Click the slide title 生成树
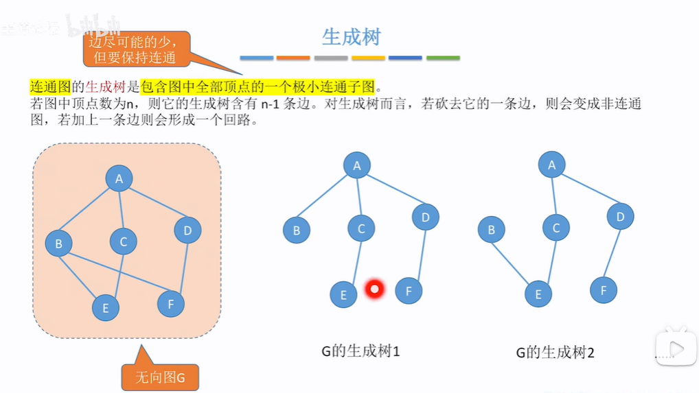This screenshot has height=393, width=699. coord(351,36)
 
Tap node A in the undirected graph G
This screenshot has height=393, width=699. coord(119,179)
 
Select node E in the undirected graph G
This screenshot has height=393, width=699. coord(105,308)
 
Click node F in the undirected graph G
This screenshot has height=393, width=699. coord(170,303)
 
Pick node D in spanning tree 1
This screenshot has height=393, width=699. coord(425,217)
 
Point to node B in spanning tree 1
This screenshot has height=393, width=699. coord(296,230)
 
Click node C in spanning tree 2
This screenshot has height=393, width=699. coord(555,228)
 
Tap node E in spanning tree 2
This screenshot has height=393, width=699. coord(538,294)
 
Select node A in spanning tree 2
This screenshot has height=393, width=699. coord(551,165)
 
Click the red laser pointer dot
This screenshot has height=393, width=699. coord(374,289)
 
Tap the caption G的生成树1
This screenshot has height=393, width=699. coord(360,352)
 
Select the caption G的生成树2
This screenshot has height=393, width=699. coord(555,353)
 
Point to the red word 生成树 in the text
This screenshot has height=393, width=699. coord(105,87)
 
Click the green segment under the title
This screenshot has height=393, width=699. coord(443,58)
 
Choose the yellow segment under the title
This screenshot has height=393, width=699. coord(368,58)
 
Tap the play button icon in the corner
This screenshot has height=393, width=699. coord(676,348)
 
